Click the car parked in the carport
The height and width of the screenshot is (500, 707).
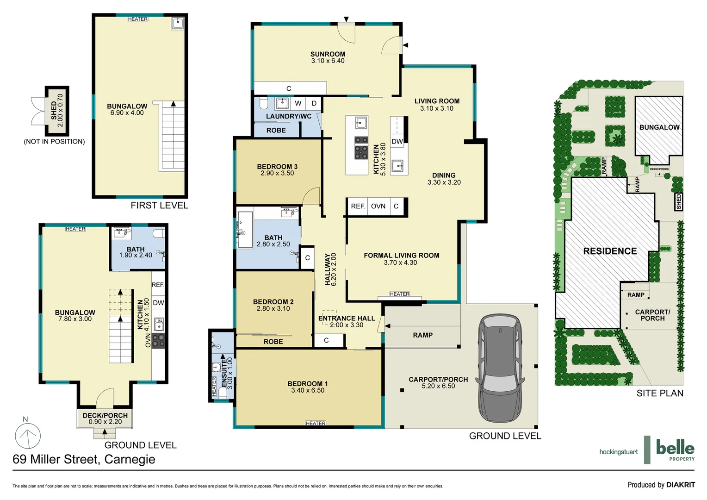pyautogui.click(x=500, y=368)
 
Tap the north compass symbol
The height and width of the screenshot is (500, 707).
pyautogui.click(x=28, y=435)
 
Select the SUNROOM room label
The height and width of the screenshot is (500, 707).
pyautogui.click(x=328, y=54)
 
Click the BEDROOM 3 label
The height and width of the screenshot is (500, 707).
pyautogui.click(x=277, y=167)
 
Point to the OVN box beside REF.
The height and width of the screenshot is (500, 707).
pyautogui.click(x=378, y=206)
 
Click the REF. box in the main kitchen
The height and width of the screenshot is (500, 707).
pyautogui.click(x=358, y=206)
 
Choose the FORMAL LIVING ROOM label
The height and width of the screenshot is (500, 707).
pyautogui.click(x=401, y=256)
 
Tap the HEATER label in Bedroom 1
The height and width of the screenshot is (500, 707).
pyautogui.click(x=316, y=423)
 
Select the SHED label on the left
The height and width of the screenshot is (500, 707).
pyautogui.click(x=54, y=111)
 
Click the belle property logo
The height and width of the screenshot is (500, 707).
pyautogui.click(x=675, y=449)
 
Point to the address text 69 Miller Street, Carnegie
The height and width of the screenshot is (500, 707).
pyautogui.click(x=84, y=459)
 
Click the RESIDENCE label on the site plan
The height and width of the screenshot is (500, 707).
pyautogui.click(x=610, y=251)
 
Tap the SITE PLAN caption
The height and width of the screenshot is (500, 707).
pyautogui.click(x=659, y=394)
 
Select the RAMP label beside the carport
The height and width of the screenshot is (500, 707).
pyautogui.click(x=422, y=335)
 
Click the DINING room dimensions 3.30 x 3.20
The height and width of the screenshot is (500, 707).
pyautogui.click(x=444, y=182)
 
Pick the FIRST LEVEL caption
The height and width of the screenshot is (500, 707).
pyautogui.click(x=159, y=206)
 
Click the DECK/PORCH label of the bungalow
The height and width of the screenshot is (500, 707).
pyautogui.click(x=105, y=415)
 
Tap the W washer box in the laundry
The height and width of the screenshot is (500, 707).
pyautogui.click(x=298, y=103)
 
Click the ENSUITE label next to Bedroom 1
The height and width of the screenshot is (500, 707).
pyautogui.click(x=224, y=373)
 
